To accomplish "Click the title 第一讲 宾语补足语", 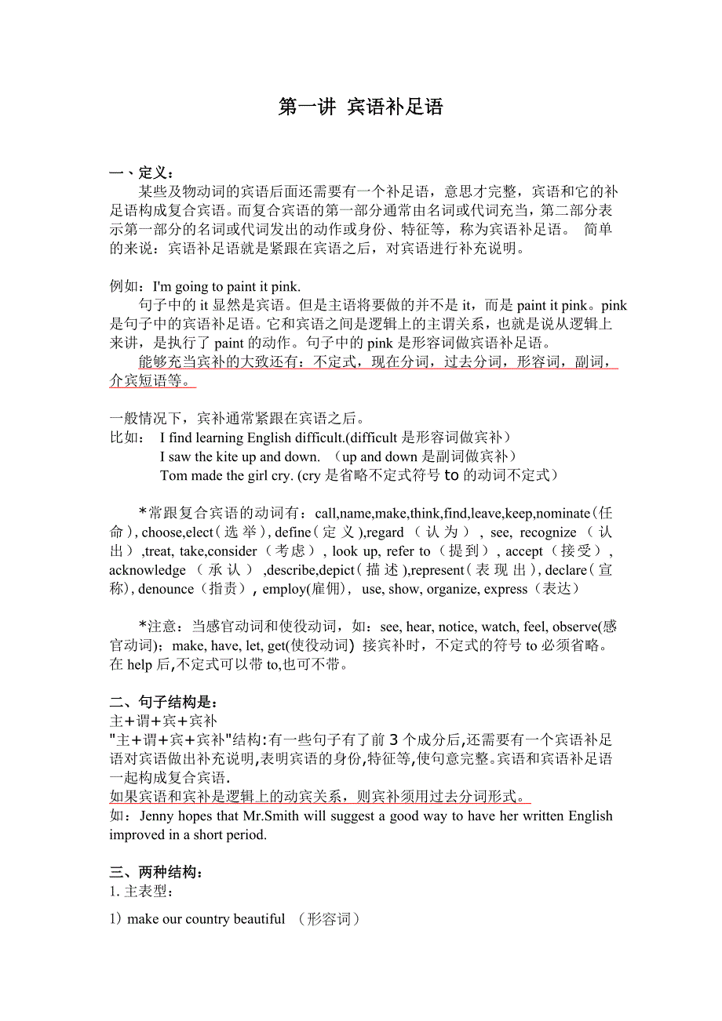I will tap(361, 107).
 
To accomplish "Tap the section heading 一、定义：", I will tap(142, 173).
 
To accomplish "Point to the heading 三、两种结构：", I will tap(158, 872).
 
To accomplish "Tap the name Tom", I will tap(173, 475).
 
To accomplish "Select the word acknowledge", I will tap(148, 570).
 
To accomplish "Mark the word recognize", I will tap(548, 532).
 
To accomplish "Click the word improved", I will tap(137, 835).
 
